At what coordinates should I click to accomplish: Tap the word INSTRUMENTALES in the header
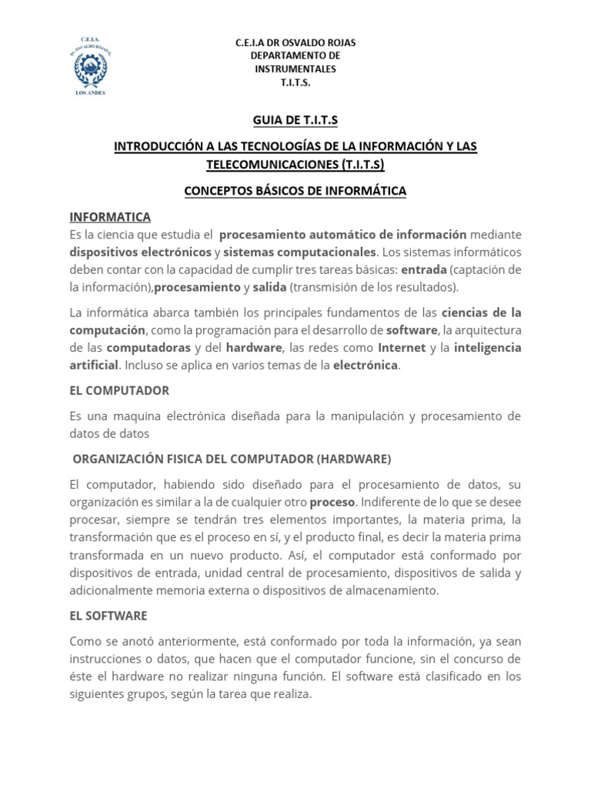[295, 68]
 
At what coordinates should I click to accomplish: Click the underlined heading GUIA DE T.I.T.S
[295, 120]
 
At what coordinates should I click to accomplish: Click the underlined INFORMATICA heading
[110, 217]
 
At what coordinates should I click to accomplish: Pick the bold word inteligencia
[487, 347]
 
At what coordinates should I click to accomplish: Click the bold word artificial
[94, 365]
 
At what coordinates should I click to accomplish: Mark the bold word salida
[269, 287]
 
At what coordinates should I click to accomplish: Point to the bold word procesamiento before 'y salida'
[198, 287]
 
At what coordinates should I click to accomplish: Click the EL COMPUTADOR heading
[119, 390]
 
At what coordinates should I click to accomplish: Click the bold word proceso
[332, 503]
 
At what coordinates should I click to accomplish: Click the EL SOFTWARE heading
[108, 616]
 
